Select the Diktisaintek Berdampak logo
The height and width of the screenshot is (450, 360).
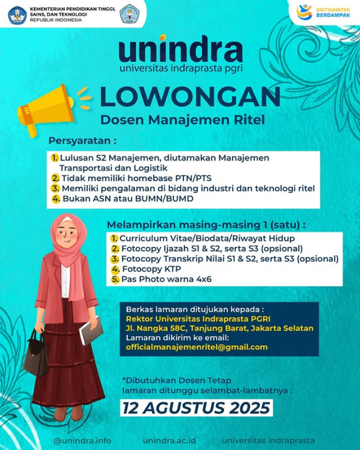click(x=323, y=12)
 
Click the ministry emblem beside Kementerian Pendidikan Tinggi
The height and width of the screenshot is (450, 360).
click(x=17, y=15)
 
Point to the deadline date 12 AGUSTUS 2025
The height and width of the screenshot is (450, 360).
click(x=196, y=408)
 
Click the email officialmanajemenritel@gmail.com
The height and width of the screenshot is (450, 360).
click(x=196, y=347)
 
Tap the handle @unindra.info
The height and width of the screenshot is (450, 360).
click(x=82, y=441)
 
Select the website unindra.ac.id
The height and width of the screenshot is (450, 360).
click(x=169, y=441)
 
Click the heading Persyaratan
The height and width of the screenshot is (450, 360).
click(x=83, y=140)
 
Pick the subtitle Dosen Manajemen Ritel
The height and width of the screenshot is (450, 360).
click(x=182, y=120)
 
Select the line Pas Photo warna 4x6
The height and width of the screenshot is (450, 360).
click(x=166, y=279)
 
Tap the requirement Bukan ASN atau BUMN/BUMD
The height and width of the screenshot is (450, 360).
click(x=127, y=199)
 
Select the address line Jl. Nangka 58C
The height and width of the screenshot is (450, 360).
click(x=219, y=328)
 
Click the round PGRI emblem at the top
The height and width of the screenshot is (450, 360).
click(x=130, y=14)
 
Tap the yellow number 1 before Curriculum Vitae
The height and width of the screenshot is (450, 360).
click(x=114, y=238)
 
